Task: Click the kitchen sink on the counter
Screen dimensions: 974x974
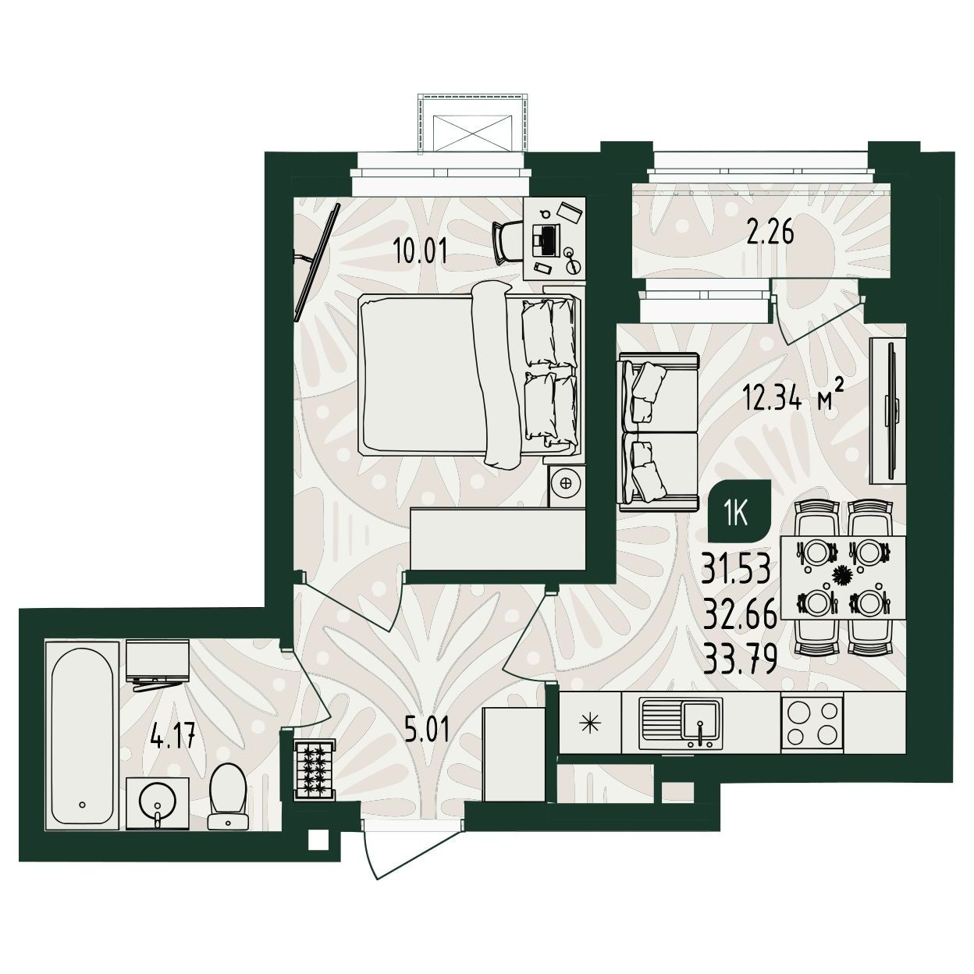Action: tap(681, 723)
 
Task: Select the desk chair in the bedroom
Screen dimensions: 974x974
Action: tap(507, 243)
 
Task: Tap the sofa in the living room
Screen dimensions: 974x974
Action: tap(657, 432)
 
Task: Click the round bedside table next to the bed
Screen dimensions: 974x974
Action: tap(567, 482)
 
